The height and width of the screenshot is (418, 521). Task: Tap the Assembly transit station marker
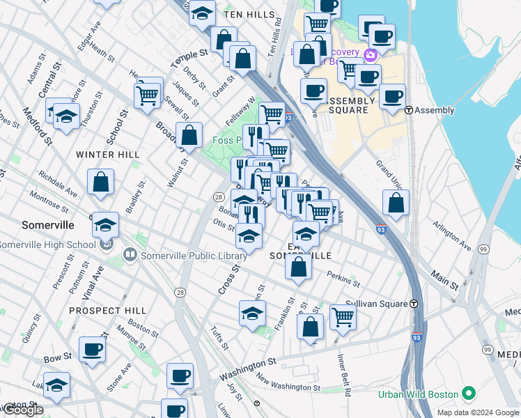click(410, 110)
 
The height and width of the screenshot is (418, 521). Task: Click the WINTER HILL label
click(108, 154)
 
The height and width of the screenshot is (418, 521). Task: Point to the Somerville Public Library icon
click(130, 256)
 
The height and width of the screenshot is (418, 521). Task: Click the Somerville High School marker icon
click(105, 245)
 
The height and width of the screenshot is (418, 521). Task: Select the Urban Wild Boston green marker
click(469, 394)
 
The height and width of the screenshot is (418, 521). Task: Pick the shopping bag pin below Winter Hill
click(101, 183)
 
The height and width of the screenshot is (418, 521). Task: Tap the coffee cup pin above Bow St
click(92, 350)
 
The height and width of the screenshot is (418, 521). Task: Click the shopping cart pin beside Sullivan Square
click(343, 317)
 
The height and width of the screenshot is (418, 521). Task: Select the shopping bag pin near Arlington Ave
click(396, 203)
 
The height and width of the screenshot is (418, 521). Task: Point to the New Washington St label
click(288, 383)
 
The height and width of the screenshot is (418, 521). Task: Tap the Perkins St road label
click(343, 279)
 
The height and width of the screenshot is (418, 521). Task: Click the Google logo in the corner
click(23, 410)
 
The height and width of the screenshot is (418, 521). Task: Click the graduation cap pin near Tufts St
click(253, 313)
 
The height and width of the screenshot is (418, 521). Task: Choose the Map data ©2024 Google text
click(478, 412)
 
